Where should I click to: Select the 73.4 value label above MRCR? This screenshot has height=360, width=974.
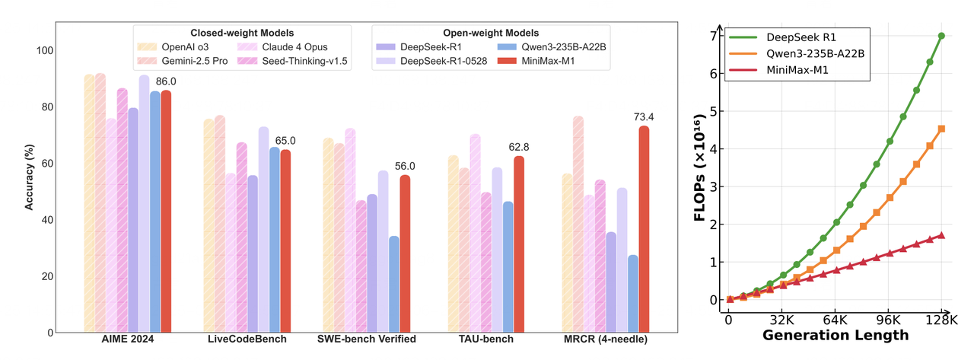tap(644, 116)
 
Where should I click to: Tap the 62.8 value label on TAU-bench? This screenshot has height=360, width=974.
tap(519, 147)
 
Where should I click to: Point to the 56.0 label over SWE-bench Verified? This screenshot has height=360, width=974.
tap(405, 166)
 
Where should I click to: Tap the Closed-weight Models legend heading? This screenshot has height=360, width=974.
tap(242, 33)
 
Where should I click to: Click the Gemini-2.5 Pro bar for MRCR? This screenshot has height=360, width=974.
tap(578, 224)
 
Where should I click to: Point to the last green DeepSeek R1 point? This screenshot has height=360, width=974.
tap(941, 36)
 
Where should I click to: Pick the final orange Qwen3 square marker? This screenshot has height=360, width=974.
tap(941, 129)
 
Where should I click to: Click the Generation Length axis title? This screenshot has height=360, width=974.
tap(835, 335)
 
